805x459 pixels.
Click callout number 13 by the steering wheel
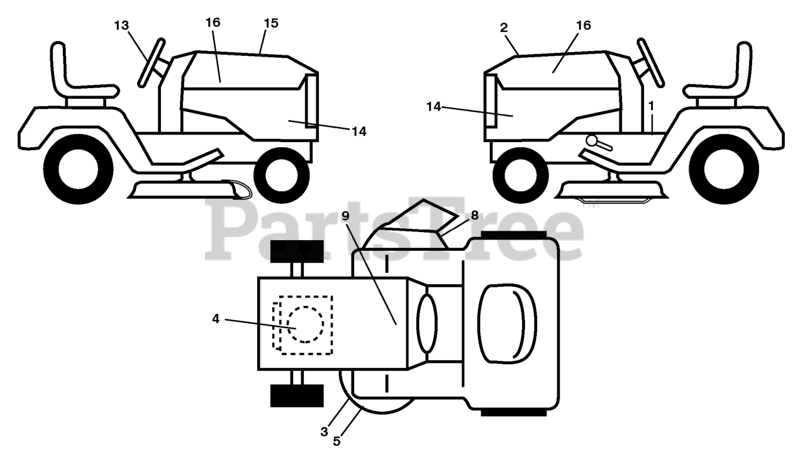pyautogui.click(x=121, y=25)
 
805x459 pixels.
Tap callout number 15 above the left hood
pyautogui.click(x=271, y=23)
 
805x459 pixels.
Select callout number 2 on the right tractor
pyautogui.click(x=504, y=27)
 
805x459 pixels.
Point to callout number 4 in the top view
pyautogui.click(x=216, y=319)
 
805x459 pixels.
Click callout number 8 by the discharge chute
pyautogui.click(x=474, y=215)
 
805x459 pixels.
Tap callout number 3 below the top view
pyautogui.click(x=324, y=431)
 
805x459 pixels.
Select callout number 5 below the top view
pyautogui.click(x=336, y=441)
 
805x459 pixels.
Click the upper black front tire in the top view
pyautogui.click(x=297, y=251)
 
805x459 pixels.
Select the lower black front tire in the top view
pyautogui.click(x=297, y=395)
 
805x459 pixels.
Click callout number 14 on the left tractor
pyautogui.click(x=358, y=131)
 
